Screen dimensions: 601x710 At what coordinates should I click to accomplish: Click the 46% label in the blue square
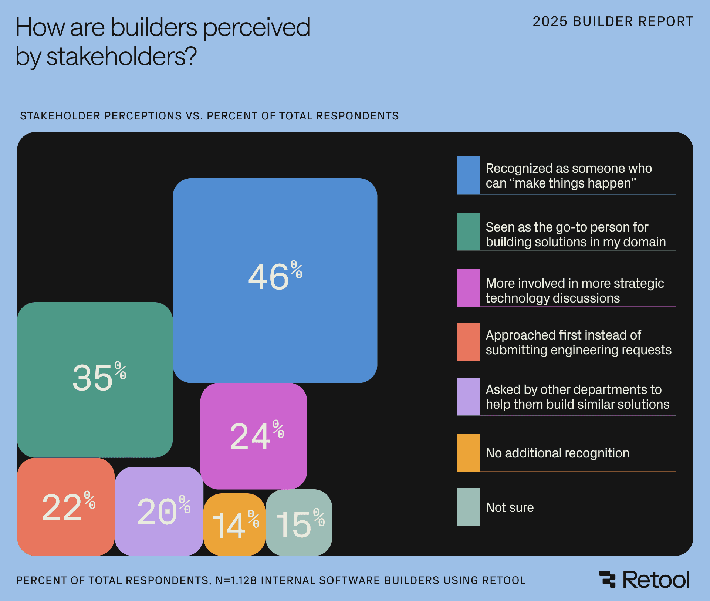coord(275,276)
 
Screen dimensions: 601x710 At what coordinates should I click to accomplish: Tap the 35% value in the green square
coord(99,377)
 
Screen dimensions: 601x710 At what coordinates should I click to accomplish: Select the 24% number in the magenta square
coord(257,435)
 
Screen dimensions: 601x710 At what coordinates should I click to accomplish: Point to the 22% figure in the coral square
coord(68,507)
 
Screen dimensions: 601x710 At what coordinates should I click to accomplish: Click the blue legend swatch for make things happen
coord(468,175)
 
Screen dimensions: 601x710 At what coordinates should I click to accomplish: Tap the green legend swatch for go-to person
coord(468,232)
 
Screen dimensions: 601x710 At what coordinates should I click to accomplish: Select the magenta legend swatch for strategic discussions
coord(468,288)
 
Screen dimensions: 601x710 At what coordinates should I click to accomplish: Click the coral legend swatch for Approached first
coord(468,342)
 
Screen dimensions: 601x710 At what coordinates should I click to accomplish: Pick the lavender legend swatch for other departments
coord(468,396)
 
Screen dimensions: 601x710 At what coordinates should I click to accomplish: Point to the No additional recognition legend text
coord(557,453)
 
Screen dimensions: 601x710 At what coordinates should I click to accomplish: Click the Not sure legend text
coord(510,507)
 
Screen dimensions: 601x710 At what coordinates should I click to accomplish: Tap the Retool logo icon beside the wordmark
coord(608,579)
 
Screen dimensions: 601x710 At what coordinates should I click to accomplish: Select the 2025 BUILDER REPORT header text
coord(613,21)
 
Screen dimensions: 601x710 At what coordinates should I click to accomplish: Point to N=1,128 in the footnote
coord(236,580)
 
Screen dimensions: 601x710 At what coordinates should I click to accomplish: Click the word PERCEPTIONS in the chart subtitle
coord(143,116)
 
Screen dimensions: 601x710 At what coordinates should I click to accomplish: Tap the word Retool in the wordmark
coord(656,580)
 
